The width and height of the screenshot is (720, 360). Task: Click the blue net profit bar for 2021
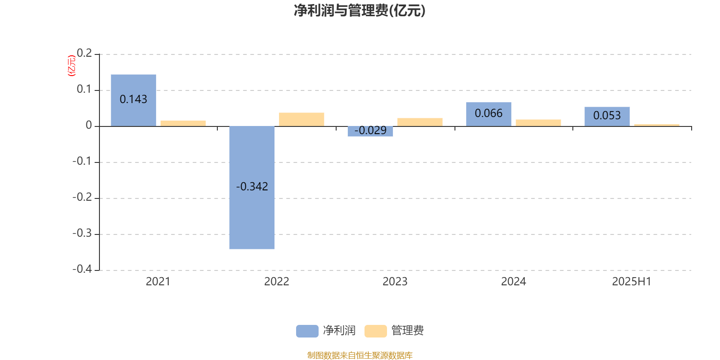click(x=133, y=100)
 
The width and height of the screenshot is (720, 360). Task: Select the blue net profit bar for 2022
click(x=252, y=188)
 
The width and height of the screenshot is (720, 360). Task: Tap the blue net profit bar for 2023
click(x=370, y=131)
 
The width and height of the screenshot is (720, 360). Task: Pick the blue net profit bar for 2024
click(x=489, y=114)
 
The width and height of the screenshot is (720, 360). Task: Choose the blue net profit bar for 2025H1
click(x=607, y=117)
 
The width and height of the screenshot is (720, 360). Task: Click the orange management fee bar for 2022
click(x=301, y=120)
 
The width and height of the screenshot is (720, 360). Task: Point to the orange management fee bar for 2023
click(x=420, y=122)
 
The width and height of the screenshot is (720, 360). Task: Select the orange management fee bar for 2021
click(x=183, y=123)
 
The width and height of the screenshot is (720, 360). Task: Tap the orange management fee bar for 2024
click(x=538, y=123)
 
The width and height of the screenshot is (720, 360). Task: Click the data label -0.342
click(x=252, y=186)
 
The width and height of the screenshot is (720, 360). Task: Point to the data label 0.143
click(x=133, y=99)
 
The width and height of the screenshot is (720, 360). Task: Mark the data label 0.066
click(x=489, y=113)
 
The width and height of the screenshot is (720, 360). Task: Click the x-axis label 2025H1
click(x=632, y=282)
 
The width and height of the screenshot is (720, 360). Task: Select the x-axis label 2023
click(x=395, y=282)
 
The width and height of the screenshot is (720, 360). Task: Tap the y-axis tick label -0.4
click(x=82, y=269)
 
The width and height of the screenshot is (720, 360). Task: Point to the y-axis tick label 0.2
click(x=85, y=53)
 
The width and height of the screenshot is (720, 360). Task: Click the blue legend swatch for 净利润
click(x=307, y=331)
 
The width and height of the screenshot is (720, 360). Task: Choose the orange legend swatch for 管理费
click(x=375, y=331)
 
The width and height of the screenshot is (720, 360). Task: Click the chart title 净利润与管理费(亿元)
click(x=360, y=10)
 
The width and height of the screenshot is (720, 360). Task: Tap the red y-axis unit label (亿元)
click(x=72, y=66)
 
